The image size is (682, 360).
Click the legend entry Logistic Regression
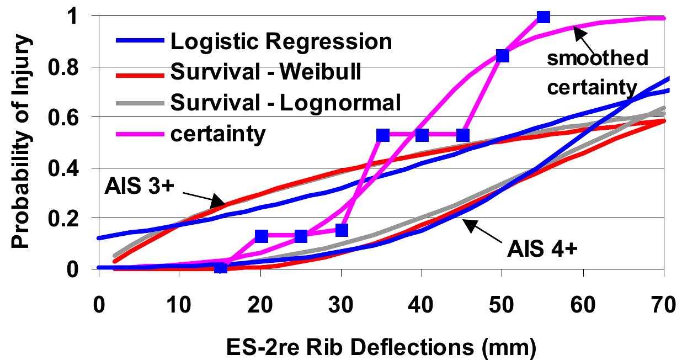click(281, 41)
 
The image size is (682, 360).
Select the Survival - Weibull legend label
click(265, 72)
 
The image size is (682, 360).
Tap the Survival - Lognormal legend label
click(285, 103)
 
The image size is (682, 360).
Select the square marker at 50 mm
click(503, 55)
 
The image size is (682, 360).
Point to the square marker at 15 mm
click(221, 268)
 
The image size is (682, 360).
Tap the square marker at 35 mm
click(382, 135)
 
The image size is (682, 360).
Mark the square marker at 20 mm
click(261, 236)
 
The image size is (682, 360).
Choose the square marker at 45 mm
click(463, 135)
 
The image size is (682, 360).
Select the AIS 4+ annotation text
click(542, 249)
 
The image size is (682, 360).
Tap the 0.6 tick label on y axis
click(72, 118)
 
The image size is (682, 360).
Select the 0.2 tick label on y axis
click(72, 219)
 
